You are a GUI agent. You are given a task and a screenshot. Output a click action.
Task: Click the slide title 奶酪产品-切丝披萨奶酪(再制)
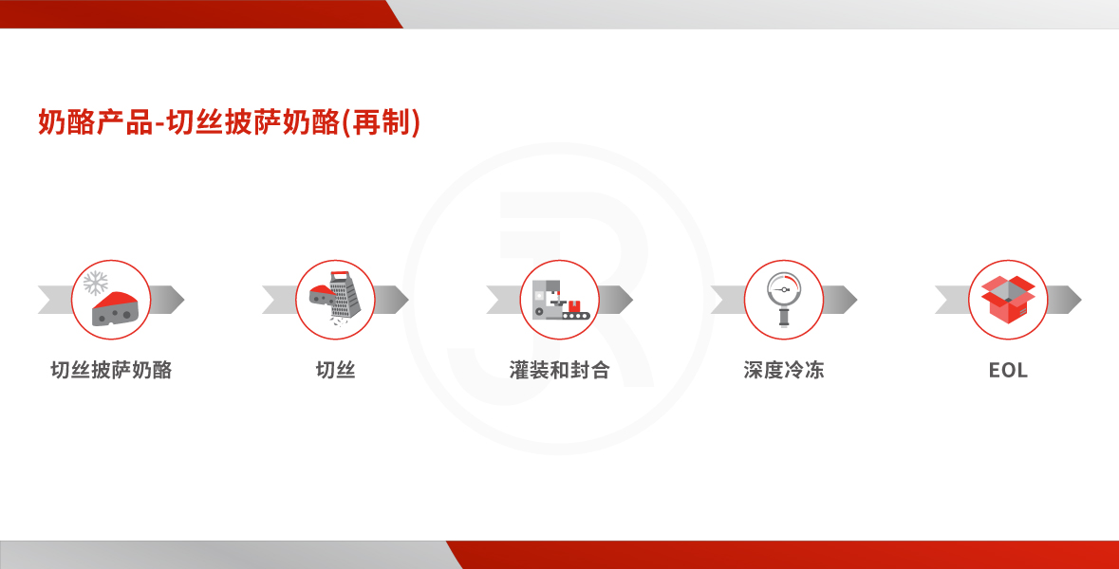[229, 122]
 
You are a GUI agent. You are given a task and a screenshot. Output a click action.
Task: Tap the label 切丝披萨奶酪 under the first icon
[111, 370]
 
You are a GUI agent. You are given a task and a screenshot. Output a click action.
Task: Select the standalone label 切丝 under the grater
[335, 370]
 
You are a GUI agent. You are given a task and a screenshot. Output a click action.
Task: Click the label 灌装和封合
[560, 370]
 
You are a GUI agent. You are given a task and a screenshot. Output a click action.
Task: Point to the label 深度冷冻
[784, 370]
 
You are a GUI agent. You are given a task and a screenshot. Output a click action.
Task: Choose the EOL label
[1008, 370]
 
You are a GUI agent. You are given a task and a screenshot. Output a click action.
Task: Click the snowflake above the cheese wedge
[96, 283]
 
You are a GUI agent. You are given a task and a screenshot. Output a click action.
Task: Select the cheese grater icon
[336, 298]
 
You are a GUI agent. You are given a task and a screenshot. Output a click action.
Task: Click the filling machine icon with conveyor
[561, 300]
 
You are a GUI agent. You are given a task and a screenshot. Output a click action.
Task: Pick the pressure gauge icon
[784, 300]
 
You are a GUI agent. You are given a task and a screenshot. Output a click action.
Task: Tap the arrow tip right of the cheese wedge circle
[183, 300]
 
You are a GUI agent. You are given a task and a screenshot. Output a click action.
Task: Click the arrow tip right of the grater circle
[407, 300]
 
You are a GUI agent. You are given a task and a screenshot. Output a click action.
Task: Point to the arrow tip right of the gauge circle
[856, 300]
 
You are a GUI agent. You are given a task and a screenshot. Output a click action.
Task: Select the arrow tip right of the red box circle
[1080, 300]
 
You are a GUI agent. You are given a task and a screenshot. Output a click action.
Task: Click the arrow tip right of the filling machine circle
[631, 300]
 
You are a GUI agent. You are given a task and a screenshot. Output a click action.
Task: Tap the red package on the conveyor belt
[575, 306]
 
